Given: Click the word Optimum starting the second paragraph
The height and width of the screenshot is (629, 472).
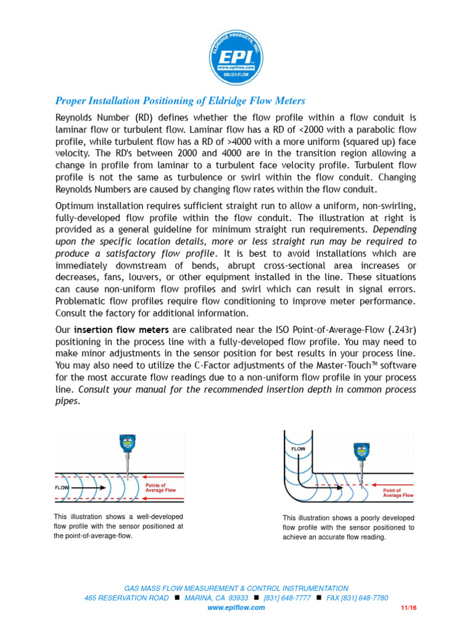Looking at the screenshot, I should click(77, 206).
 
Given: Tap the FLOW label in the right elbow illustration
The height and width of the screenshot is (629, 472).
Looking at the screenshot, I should click(297, 449).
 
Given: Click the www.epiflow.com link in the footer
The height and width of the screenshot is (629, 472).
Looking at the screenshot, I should click(236, 608).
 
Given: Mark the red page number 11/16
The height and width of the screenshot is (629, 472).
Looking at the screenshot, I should click(408, 608).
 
